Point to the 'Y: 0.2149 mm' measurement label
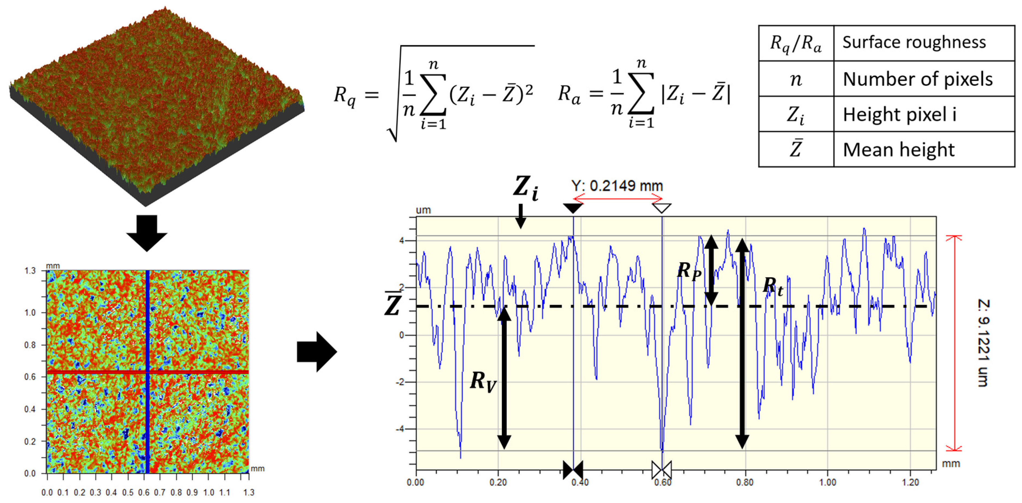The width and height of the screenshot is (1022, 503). click(x=617, y=185)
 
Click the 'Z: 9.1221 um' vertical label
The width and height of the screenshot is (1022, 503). click(x=983, y=343)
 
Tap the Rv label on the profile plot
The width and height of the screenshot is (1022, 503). click(x=482, y=381)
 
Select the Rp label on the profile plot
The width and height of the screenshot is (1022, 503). click(x=689, y=271)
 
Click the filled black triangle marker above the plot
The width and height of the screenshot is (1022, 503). click(x=573, y=207)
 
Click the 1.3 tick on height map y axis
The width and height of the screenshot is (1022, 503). click(x=30, y=271)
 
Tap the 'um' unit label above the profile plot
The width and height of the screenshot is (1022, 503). click(x=423, y=210)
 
